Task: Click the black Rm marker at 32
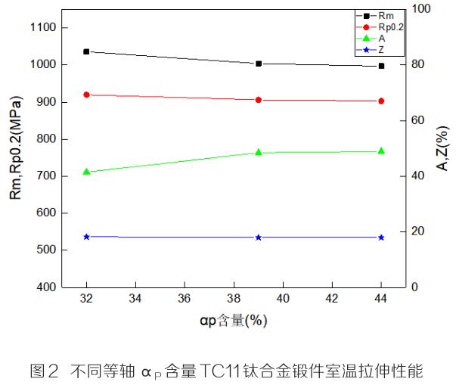pos(86,51)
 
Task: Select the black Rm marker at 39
pos(259,64)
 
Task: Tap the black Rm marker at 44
pos(381,66)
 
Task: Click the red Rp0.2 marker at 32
pos(86,95)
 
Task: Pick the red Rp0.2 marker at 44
pos(381,101)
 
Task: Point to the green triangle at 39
pos(259,152)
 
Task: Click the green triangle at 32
pos(86,172)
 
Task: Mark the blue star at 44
pos(381,238)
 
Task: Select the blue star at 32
pos(86,237)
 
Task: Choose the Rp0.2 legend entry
pos(389,26)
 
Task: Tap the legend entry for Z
pos(382,49)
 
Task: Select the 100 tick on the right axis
pos(420,9)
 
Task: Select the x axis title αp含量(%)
pos(234,321)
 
